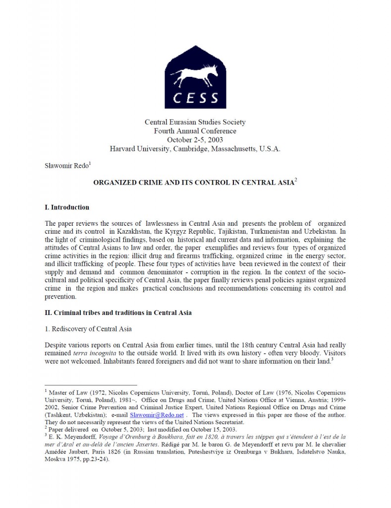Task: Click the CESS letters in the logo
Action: [x=196, y=97]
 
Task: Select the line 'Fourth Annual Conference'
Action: [x=195, y=131]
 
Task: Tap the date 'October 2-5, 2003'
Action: [x=195, y=140]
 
